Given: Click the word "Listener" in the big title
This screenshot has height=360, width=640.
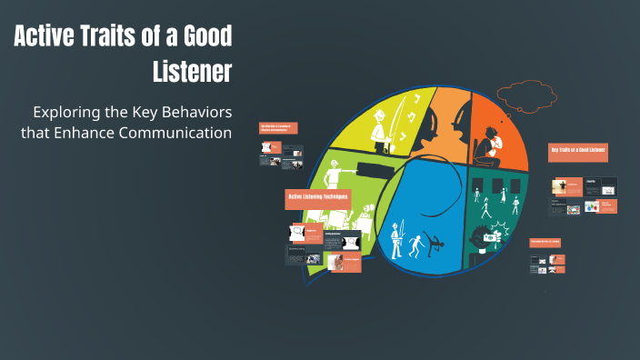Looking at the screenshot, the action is coord(193,72).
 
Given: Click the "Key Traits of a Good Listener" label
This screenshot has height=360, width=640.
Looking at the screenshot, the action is coord(579,149).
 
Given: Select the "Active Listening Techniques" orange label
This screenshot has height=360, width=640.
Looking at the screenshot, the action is coord(318,195).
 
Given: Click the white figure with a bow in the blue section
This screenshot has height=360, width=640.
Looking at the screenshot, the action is coord(396,241).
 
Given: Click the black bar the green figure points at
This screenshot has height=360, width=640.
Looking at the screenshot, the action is coord(378,169).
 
